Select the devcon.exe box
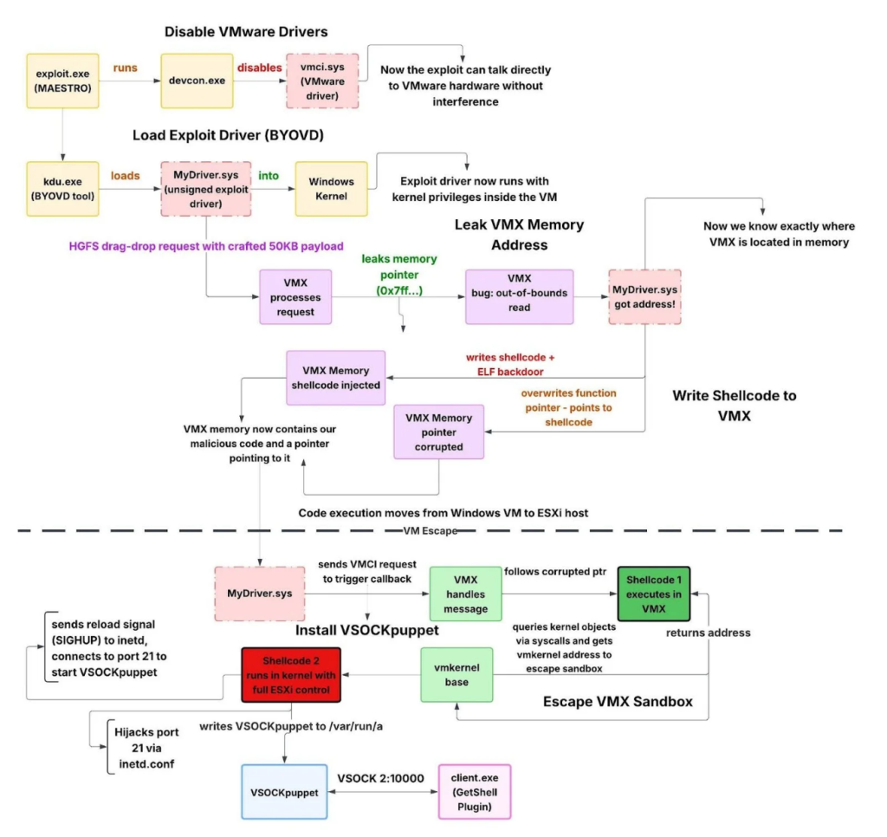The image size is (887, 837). point(197,81)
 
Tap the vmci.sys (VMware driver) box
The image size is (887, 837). point(322,81)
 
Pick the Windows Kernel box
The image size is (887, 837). point(331,188)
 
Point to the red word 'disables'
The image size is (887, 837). point(260,67)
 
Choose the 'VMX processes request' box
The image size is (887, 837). point(295,296)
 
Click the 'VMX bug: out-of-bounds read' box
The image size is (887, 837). point(519,296)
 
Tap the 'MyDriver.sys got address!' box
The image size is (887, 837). point(644,296)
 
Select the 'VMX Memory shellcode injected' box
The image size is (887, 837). point(336,378)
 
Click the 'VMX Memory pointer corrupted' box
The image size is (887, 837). point(438,431)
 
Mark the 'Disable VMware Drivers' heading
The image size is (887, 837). point(246,32)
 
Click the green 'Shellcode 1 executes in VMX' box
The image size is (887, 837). point(653,594)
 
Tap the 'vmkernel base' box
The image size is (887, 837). point(456,674)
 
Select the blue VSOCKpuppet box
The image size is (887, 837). point(283,791)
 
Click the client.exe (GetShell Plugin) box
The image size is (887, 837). point(475,791)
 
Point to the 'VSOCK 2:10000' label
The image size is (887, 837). point(380,778)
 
